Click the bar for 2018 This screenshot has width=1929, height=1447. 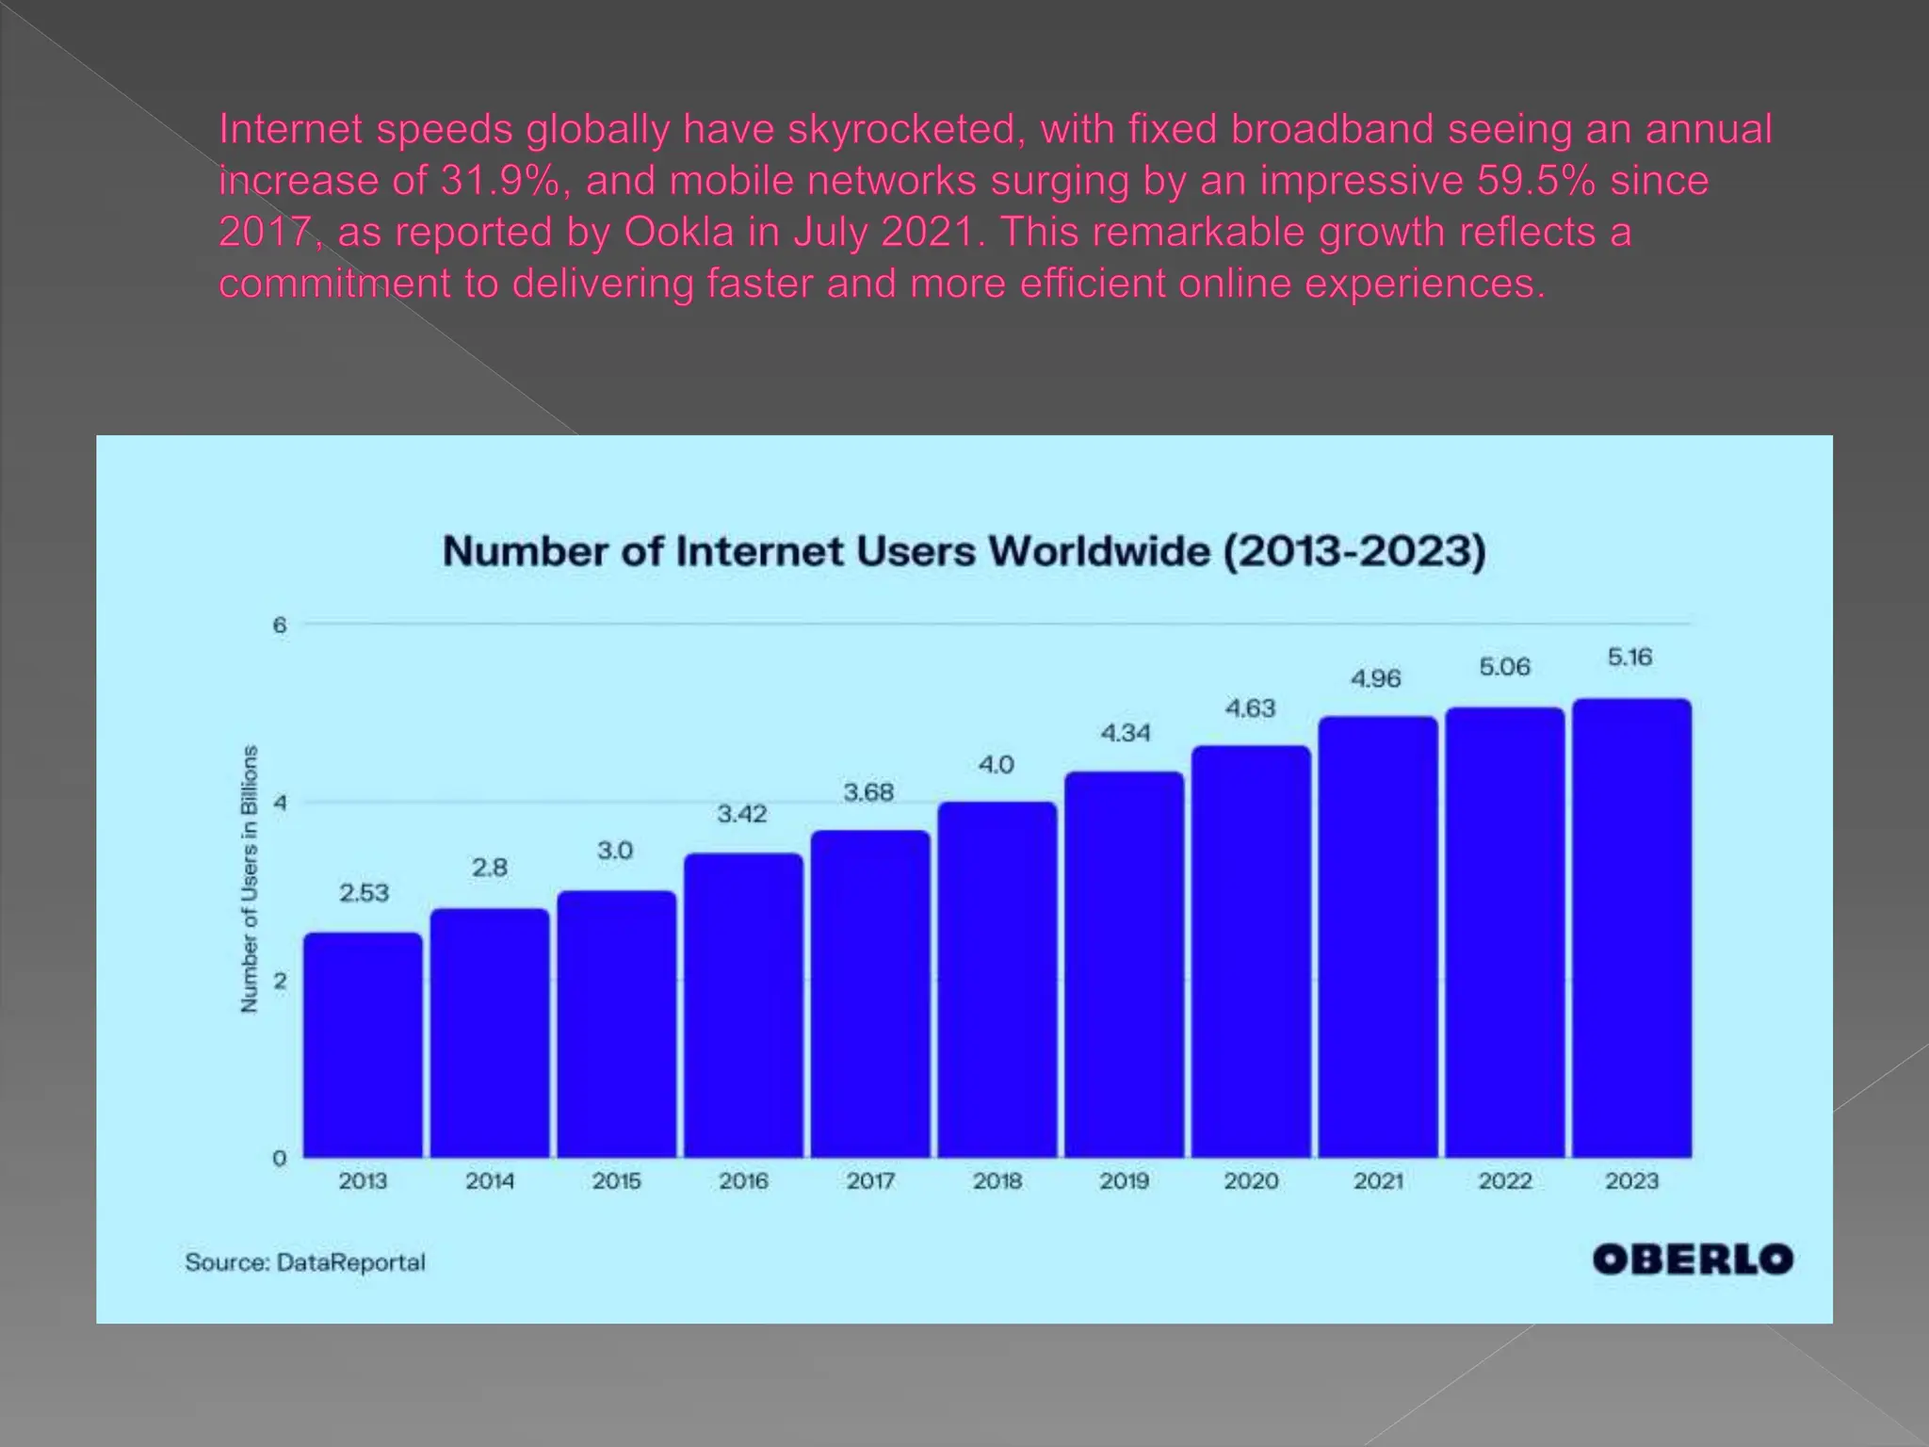point(997,980)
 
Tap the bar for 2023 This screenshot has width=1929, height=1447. point(1631,928)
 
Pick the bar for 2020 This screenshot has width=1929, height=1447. point(1251,951)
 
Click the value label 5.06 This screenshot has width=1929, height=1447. point(1504,667)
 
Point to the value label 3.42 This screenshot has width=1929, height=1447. point(742,814)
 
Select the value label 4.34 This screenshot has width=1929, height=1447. point(1126,733)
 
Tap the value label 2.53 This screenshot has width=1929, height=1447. point(364,892)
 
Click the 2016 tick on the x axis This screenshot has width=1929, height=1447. point(743,1181)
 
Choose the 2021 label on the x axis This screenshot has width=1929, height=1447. point(1378,1181)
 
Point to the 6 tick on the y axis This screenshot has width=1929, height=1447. point(280,626)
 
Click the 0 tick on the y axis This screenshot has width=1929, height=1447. point(280,1159)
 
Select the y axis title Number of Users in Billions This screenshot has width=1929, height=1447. point(250,879)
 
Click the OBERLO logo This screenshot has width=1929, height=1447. point(1692,1260)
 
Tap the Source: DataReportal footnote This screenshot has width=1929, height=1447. point(305,1262)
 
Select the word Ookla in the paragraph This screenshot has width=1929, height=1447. point(678,233)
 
